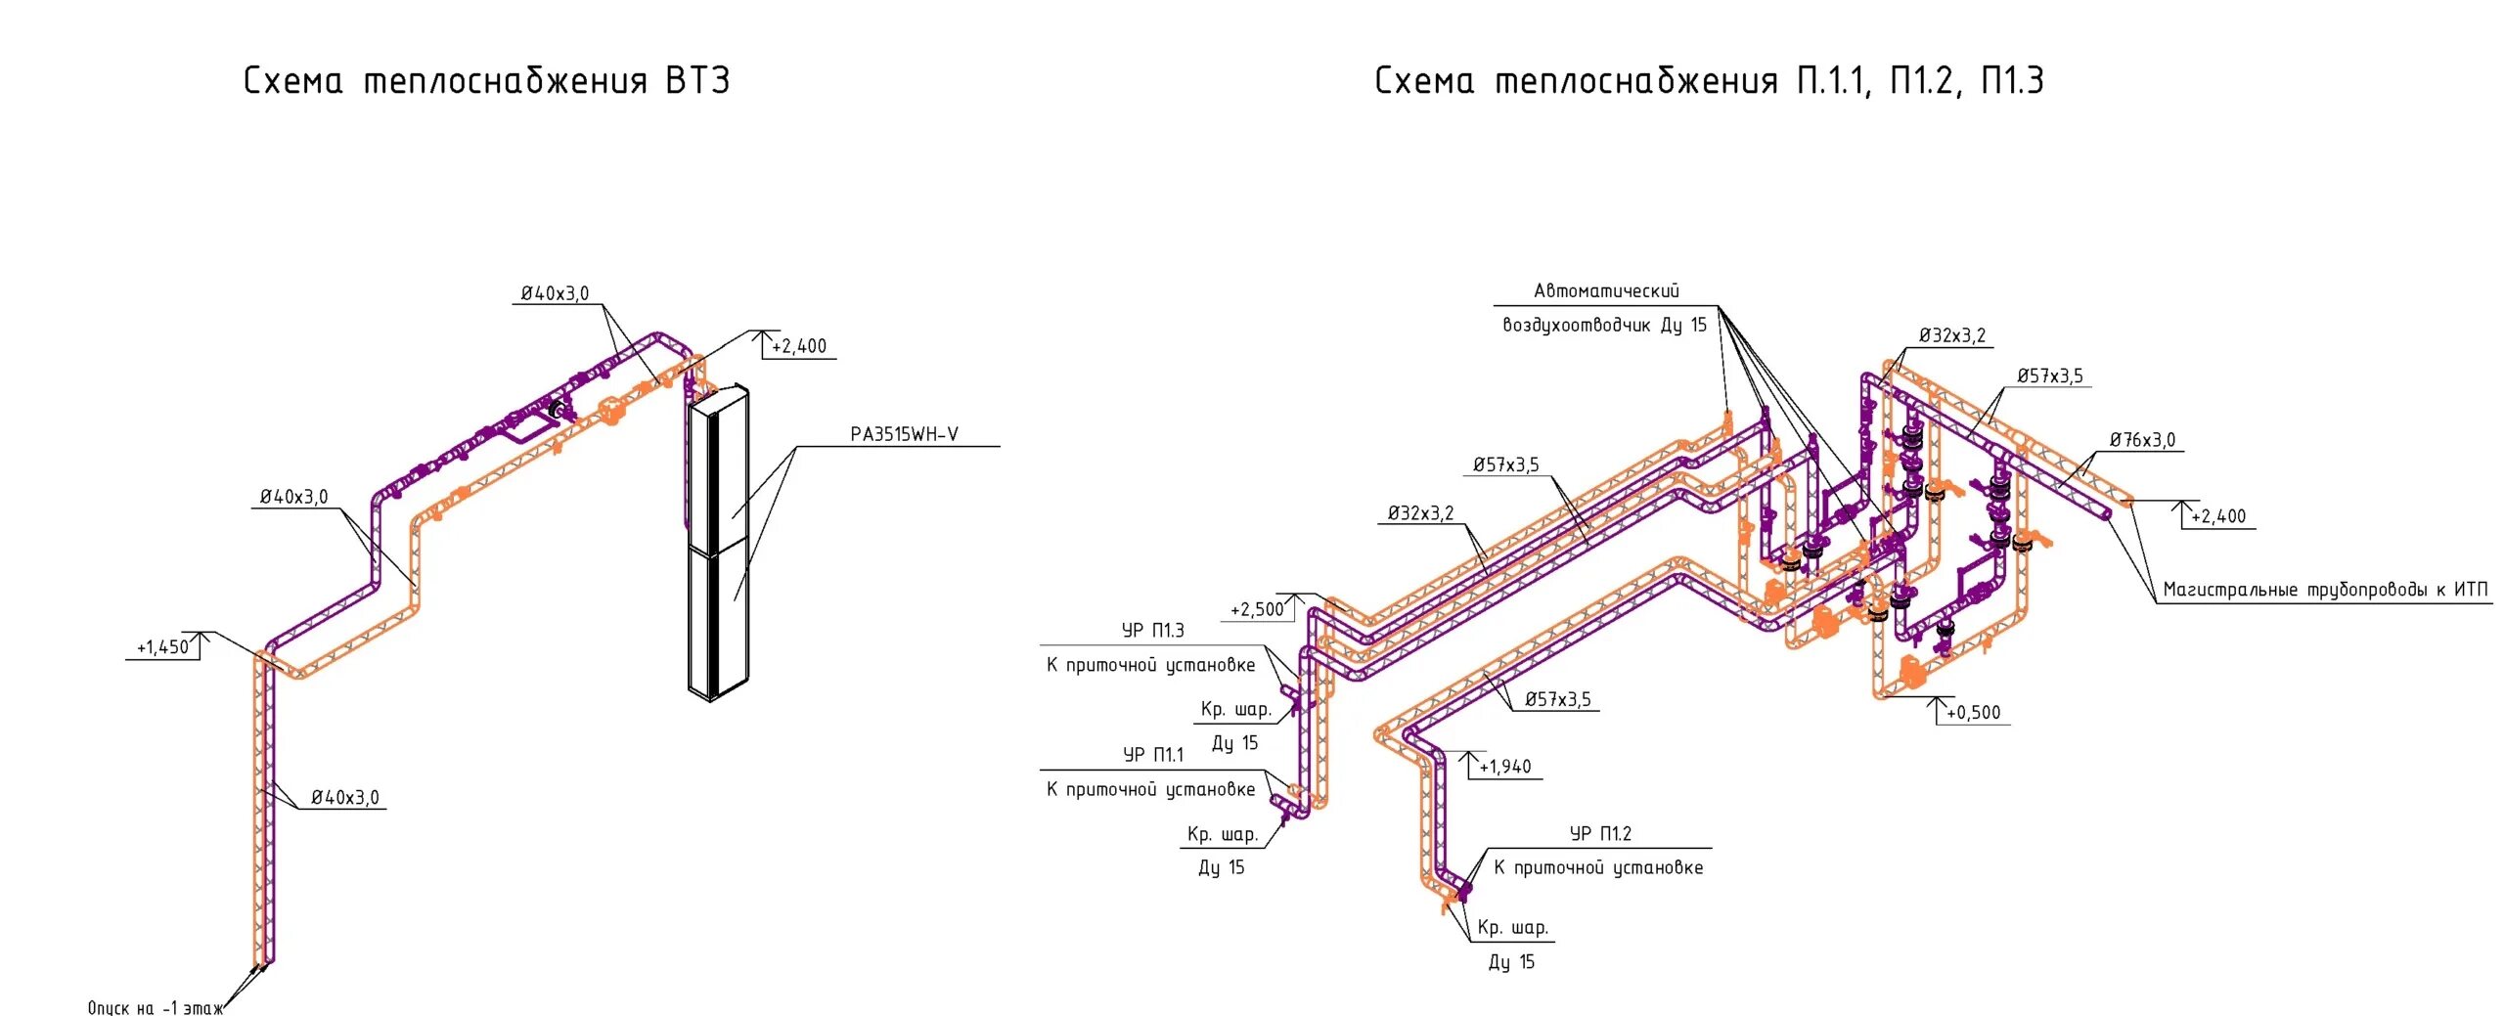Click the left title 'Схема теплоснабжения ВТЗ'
point(486,81)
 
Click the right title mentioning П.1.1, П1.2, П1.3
point(1708,81)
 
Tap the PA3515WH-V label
point(904,435)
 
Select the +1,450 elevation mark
point(162,647)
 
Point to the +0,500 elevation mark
point(1973,713)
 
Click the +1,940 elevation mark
point(1504,768)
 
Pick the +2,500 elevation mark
point(1256,610)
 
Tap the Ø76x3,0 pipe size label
point(2142,441)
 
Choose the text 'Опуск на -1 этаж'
point(155,1008)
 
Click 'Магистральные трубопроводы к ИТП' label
point(2324,590)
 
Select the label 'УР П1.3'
point(1152,631)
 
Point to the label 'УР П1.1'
point(1152,755)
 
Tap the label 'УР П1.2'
point(1600,834)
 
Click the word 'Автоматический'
point(1606,291)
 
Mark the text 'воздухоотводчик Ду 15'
point(1604,326)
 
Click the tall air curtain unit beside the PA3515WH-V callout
point(719,543)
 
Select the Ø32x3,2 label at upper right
point(1951,336)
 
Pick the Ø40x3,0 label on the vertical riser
point(344,798)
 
